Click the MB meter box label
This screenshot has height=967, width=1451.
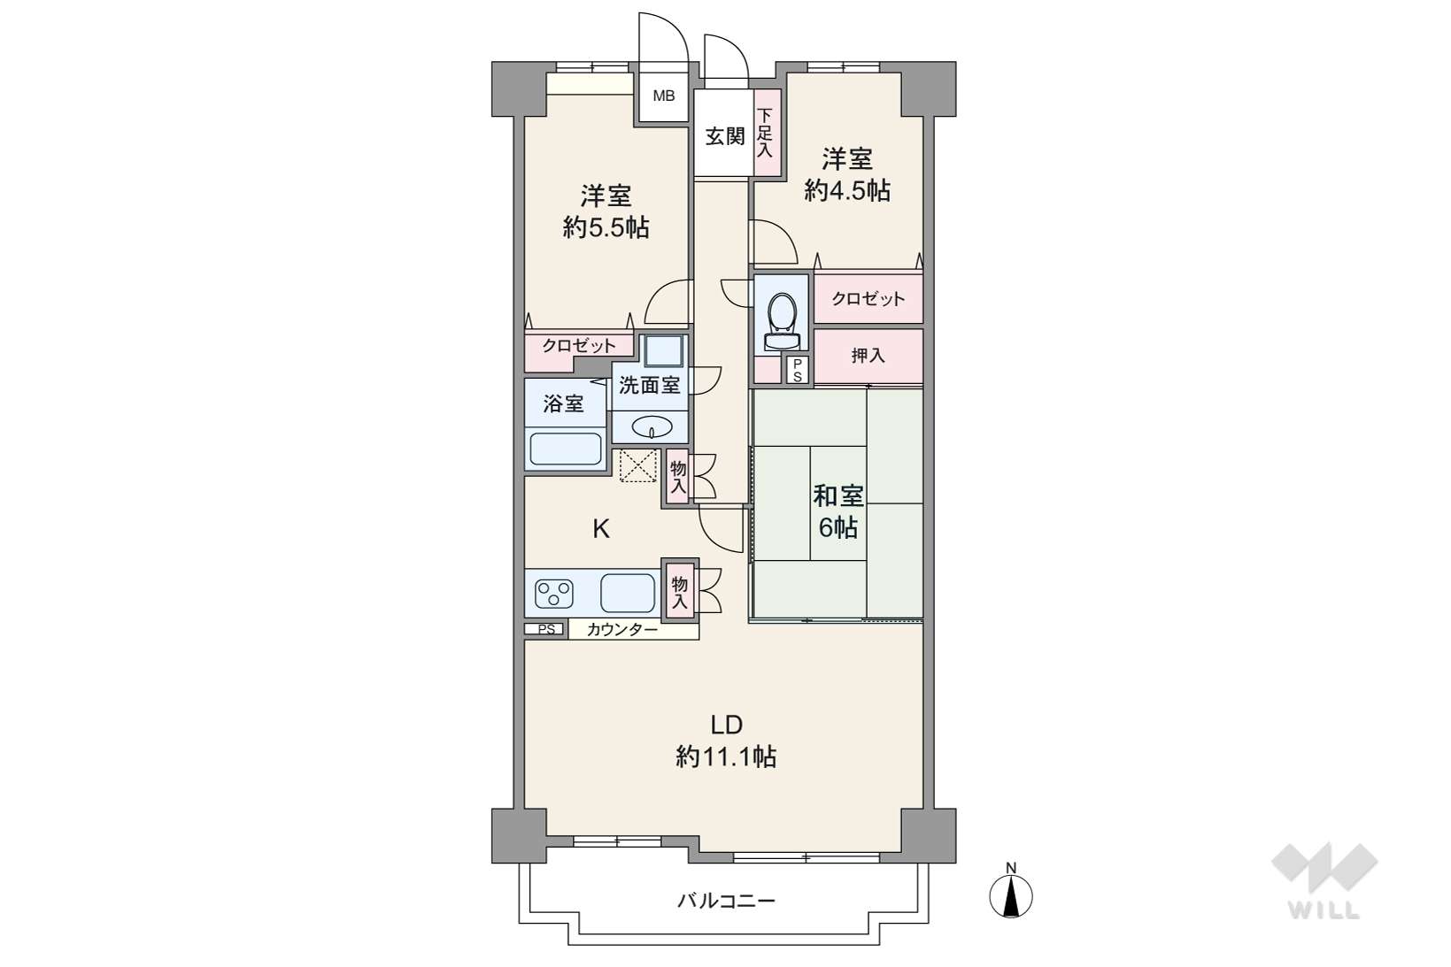pyautogui.click(x=663, y=96)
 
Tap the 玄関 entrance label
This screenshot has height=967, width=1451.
pyautogui.click(x=725, y=136)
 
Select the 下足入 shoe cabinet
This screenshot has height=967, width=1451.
pyautogui.click(x=767, y=133)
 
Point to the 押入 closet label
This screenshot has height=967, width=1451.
pyautogui.click(x=868, y=356)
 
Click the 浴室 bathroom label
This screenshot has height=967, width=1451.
pyautogui.click(x=563, y=404)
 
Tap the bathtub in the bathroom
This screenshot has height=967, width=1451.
pyautogui.click(x=566, y=449)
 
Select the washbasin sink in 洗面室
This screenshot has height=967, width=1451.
pyautogui.click(x=651, y=426)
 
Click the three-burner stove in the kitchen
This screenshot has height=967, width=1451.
pyautogui.click(x=554, y=593)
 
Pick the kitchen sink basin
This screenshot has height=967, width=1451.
pyautogui.click(x=627, y=593)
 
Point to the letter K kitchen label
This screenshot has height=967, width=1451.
pyautogui.click(x=601, y=529)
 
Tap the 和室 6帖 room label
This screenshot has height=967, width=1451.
pyautogui.click(x=838, y=512)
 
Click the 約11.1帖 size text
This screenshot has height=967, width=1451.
pyautogui.click(x=726, y=756)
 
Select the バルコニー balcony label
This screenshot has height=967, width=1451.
pyautogui.click(x=726, y=901)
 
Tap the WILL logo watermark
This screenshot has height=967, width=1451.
pyautogui.click(x=1324, y=880)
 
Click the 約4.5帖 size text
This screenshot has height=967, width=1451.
pyautogui.click(x=847, y=190)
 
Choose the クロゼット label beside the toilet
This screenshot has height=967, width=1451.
pyautogui.click(x=868, y=298)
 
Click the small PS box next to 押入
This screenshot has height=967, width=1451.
pyautogui.click(x=798, y=370)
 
